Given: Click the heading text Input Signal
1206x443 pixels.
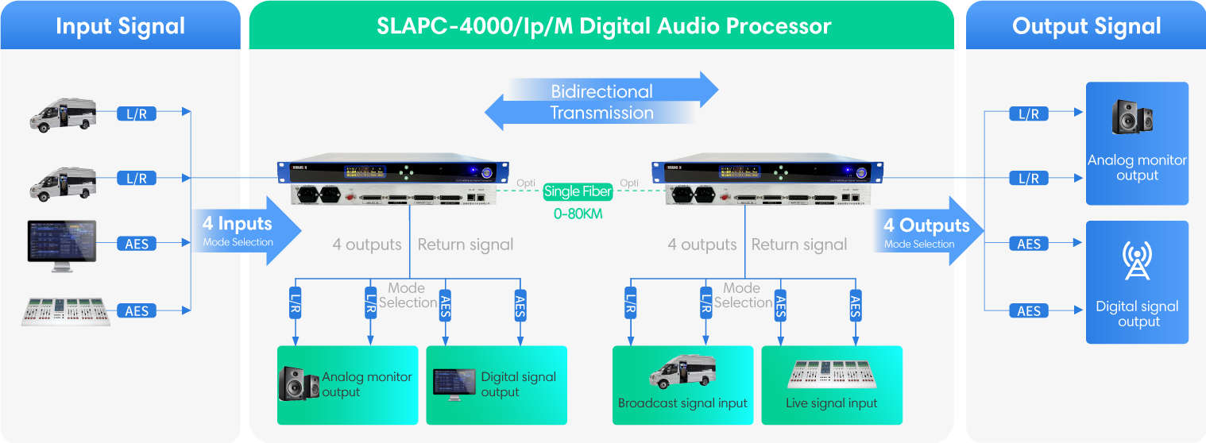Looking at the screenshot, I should pos(120,26).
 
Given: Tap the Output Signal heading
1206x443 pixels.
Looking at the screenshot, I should pos(1086,26).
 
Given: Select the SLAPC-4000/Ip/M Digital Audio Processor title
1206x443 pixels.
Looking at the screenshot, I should pos(604,26).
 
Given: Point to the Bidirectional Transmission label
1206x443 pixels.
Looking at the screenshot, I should pos(601,102).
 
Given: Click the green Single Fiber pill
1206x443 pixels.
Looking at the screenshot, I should pos(578,191).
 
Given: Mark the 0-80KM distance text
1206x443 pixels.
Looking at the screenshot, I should pos(578,214).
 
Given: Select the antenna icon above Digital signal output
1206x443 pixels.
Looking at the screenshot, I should pos(1136,261).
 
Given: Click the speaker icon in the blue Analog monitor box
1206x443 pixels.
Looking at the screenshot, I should pos(1133,117).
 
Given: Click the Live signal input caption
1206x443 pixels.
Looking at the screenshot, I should pos(831,403).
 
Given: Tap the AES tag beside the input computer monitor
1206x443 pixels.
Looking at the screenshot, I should pos(137,244).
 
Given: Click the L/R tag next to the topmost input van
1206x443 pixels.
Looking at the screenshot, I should pos(137,114).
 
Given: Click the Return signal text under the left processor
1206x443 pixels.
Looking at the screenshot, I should pos(466,245).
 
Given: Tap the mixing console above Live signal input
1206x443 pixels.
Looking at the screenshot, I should pos(831,373).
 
